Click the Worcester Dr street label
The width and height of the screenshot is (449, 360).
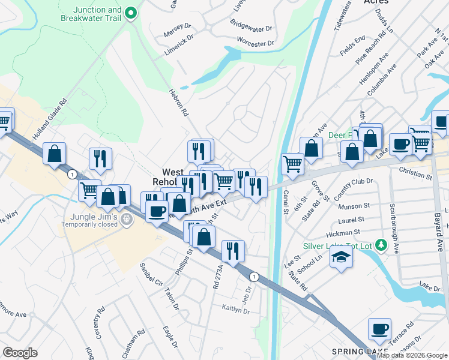tap(255, 43)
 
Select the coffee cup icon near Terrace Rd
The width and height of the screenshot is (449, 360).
tap(380, 329)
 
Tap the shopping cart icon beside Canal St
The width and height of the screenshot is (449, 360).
tap(293, 163)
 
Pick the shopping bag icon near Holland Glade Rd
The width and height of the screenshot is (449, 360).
tap(54, 154)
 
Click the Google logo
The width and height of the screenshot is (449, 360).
tap(20, 353)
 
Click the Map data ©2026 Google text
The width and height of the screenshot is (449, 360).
tap(412, 355)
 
